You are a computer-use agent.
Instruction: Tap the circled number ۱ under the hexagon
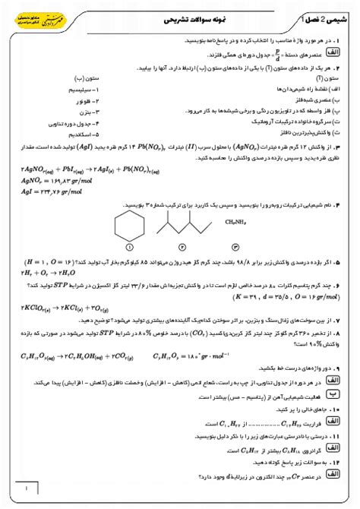click(129, 247)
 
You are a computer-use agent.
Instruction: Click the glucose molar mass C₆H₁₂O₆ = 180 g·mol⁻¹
click(197, 353)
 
